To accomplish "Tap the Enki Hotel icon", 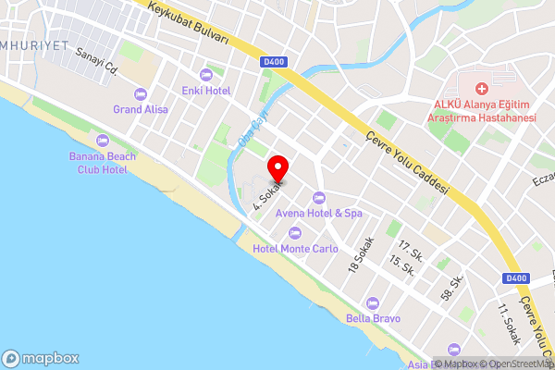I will [x=206, y=75].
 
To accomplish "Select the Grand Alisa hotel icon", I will [x=141, y=93].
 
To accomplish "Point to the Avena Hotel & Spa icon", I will [x=319, y=197].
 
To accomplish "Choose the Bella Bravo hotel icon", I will [x=373, y=302].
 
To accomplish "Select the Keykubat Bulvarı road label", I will [x=189, y=23].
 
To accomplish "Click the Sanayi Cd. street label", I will [x=98, y=61].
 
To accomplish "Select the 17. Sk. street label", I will [x=409, y=251].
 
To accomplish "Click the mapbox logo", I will [x=41, y=359].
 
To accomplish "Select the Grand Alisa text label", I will [x=141, y=109].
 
